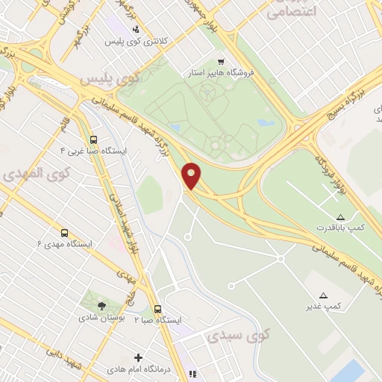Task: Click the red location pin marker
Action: pyautogui.click(x=192, y=175)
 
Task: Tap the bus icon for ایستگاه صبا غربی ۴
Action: pyautogui.click(x=93, y=139)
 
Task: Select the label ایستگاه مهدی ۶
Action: pyautogui.click(x=65, y=244)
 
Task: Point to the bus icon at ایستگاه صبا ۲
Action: pyautogui.click(x=157, y=308)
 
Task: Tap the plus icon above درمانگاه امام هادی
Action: pyautogui.click(x=137, y=357)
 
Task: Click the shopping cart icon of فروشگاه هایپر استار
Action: pyautogui.click(x=220, y=61)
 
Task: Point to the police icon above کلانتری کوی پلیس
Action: pyautogui.click(x=135, y=30)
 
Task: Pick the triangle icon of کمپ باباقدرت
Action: pyautogui.click(x=340, y=216)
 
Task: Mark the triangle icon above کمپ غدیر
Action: pyautogui.click(x=323, y=295)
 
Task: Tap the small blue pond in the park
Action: pyautogui.click(x=266, y=122)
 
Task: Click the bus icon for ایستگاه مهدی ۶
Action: pyautogui.click(x=64, y=233)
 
